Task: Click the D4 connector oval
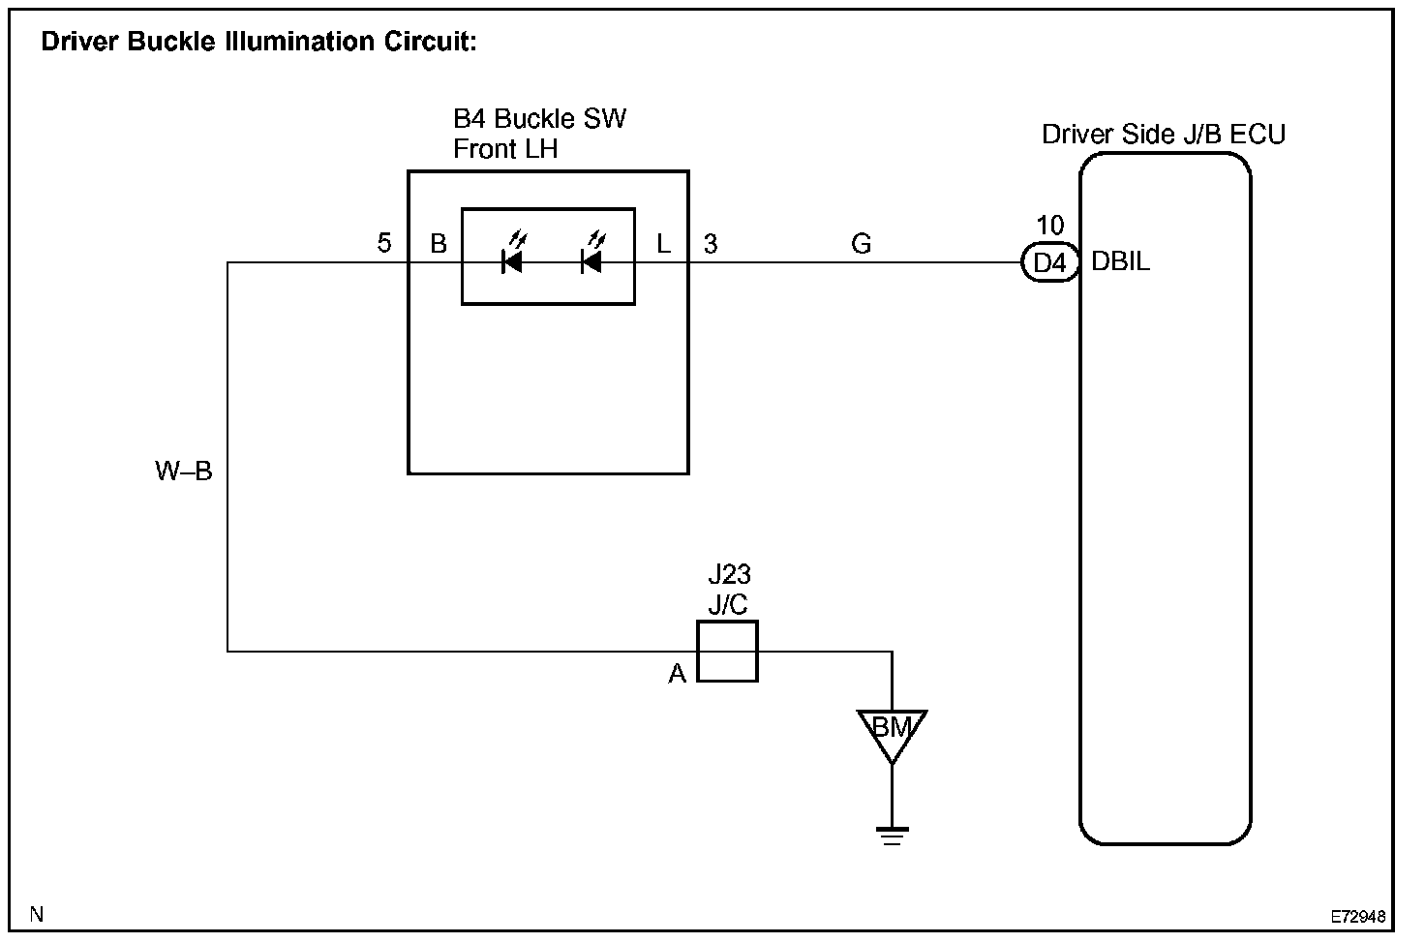pyautogui.click(x=1049, y=262)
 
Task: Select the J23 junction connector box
pyautogui.click(x=727, y=652)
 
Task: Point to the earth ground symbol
pyautogui.click(x=892, y=836)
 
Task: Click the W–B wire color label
pyautogui.click(x=183, y=471)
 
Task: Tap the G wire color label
pyautogui.click(x=861, y=244)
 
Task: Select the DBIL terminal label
pyautogui.click(x=1121, y=262)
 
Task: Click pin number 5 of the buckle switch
pyautogui.click(x=384, y=243)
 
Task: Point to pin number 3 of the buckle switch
pyautogui.click(x=711, y=244)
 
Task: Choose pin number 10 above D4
pyautogui.click(x=1049, y=226)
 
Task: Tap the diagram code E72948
pyautogui.click(x=1357, y=915)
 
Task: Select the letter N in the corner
pyautogui.click(x=37, y=913)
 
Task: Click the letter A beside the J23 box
pyautogui.click(x=677, y=674)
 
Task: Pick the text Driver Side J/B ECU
pyautogui.click(x=1163, y=135)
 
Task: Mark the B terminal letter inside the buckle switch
pyautogui.click(x=439, y=244)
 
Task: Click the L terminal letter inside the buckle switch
pyautogui.click(x=663, y=244)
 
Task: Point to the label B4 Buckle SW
pyautogui.click(x=539, y=119)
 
